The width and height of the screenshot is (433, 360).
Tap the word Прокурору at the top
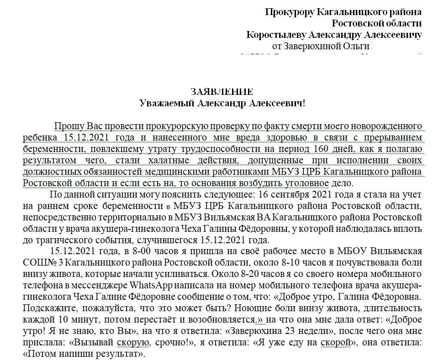tap(290, 12)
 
